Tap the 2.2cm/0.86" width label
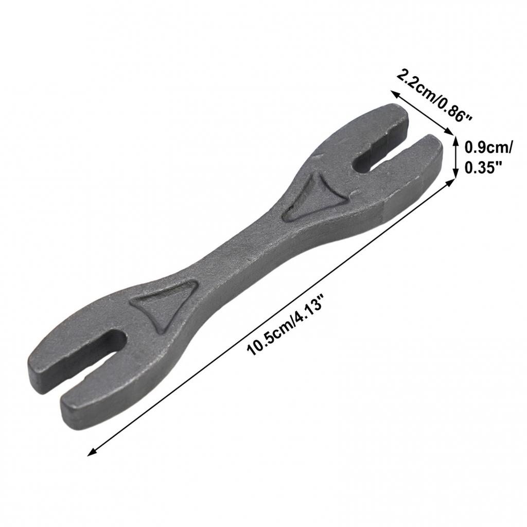[434, 96]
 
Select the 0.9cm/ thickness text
[488, 148]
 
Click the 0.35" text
[483, 168]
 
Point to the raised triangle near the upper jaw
[311, 198]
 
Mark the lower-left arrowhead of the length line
[91, 451]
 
